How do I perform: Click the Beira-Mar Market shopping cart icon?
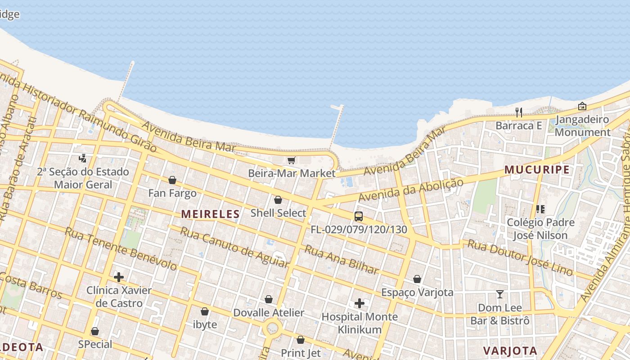click(291, 161)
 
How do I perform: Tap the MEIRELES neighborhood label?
click(211, 214)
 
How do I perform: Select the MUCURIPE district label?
click(537, 170)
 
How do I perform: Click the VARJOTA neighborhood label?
click(510, 351)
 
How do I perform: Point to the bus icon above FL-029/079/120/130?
click(358, 216)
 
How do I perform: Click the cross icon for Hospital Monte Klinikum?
click(359, 303)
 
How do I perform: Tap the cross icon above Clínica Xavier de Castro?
click(119, 277)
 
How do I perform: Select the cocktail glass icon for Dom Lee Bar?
click(499, 294)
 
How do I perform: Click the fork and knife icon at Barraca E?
click(519, 112)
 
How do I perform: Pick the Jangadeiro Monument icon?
click(582, 106)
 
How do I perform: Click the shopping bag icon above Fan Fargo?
click(172, 180)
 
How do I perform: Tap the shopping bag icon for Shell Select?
click(278, 200)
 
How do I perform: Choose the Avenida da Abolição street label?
click(410, 190)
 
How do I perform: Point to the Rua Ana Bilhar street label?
click(342, 259)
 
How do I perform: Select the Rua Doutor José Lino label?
click(520, 257)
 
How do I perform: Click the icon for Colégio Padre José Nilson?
click(540, 209)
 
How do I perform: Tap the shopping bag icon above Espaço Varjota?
click(417, 279)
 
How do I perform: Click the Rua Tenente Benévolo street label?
click(121, 249)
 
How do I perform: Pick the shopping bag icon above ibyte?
click(205, 311)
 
